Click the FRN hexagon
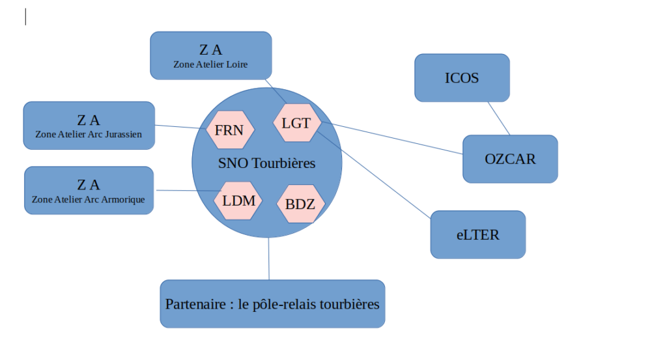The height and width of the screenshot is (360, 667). click(x=229, y=130)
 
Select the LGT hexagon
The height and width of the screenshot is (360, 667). click(x=296, y=122)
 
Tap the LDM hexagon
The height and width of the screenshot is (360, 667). click(x=238, y=201)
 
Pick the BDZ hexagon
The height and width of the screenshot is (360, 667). click(x=300, y=204)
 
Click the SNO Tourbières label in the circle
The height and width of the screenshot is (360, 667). click(x=266, y=163)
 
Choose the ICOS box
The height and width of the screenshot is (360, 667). click(x=462, y=78)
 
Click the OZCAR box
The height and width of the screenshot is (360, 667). click(x=510, y=159)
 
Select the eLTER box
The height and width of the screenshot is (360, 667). click(x=477, y=234)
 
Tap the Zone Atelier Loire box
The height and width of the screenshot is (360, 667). click(x=210, y=55)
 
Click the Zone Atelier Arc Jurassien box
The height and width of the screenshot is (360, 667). click(x=89, y=126)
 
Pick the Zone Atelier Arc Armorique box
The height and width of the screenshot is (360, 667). click(x=89, y=190)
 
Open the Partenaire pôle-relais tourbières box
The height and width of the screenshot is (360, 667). click(x=272, y=304)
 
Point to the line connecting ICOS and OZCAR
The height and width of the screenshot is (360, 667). click(x=499, y=118)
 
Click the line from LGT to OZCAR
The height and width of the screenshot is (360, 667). click(x=391, y=137)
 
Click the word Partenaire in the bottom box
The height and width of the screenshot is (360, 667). click(x=192, y=304)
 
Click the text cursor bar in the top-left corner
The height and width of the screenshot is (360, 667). click(x=25, y=17)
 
